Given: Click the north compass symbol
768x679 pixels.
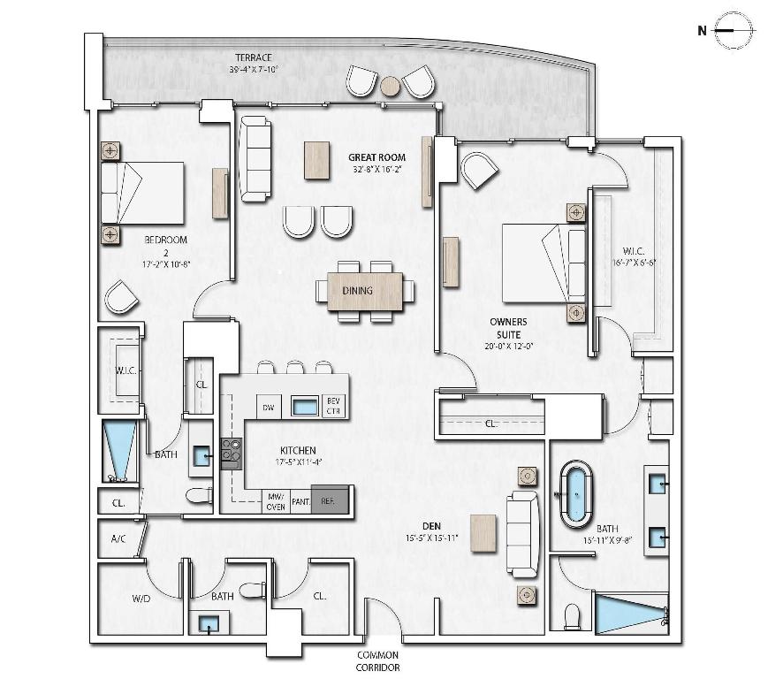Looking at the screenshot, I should (x=734, y=30).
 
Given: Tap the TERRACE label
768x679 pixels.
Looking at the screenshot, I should (x=254, y=63).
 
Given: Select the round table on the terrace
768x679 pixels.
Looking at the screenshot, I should (x=390, y=86).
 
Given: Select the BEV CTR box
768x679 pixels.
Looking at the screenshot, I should (x=334, y=406).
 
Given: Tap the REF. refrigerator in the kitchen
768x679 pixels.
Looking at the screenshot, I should (x=333, y=500).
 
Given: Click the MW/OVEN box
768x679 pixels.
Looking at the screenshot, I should (x=276, y=501).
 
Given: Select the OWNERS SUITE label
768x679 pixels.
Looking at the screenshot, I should (x=507, y=329).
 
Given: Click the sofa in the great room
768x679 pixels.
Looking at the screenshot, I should (x=255, y=158).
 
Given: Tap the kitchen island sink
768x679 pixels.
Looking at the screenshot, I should (x=305, y=407).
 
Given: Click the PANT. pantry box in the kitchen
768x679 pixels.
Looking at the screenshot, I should (x=300, y=500).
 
